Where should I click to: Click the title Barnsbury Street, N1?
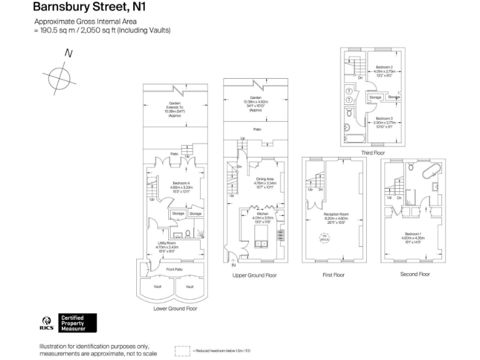(x=84, y=8)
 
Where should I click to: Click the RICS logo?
(x=47, y=324)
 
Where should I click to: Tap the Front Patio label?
(x=174, y=269)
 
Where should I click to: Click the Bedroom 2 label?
(x=384, y=67)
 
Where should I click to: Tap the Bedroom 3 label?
(x=384, y=119)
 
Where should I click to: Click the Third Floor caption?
(x=372, y=152)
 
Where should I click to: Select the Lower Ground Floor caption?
(x=175, y=308)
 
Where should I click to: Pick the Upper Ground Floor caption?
(x=254, y=275)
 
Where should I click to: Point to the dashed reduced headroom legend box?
(x=182, y=351)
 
